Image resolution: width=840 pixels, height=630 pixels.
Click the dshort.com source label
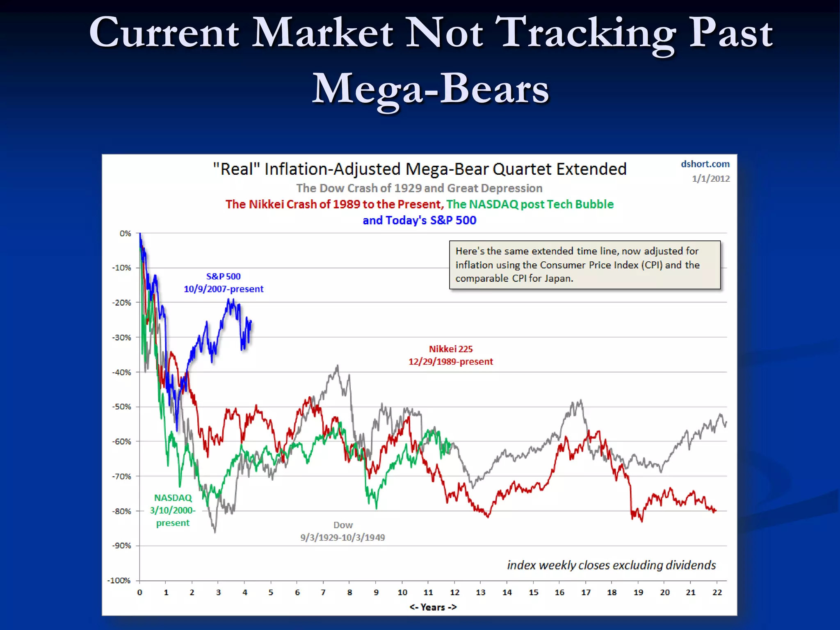[x=705, y=164]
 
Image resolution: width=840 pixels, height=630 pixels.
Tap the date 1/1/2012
[x=711, y=179]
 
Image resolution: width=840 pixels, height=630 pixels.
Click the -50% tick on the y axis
[x=121, y=407]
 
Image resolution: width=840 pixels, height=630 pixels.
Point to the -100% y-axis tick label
[x=119, y=580]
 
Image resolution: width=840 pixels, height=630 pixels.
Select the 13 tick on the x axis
[x=481, y=592]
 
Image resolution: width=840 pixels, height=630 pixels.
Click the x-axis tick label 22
[x=717, y=592]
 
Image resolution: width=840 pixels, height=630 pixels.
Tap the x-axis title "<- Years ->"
[x=433, y=607]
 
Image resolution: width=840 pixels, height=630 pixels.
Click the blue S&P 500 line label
[x=224, y=283]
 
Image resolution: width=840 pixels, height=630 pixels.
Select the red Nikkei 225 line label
[x=450, y=355]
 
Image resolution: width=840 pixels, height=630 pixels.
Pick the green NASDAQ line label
[x=173, y=510]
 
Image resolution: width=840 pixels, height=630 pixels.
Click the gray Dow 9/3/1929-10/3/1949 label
[x=342, y=531]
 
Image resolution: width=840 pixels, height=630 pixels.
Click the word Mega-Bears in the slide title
[x=430, y=89]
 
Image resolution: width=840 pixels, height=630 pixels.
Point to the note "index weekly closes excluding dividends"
[x=611, y=565]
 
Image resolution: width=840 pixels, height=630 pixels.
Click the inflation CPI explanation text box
[x=584, y=265]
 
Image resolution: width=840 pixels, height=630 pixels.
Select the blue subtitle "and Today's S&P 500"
[x=419, y=220]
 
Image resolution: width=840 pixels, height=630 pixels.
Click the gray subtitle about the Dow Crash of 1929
[x=419, y=188]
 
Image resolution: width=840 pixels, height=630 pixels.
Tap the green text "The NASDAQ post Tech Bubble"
[x=530, y=204]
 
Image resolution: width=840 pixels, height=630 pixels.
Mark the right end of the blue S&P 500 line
[x=251, y=321]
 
